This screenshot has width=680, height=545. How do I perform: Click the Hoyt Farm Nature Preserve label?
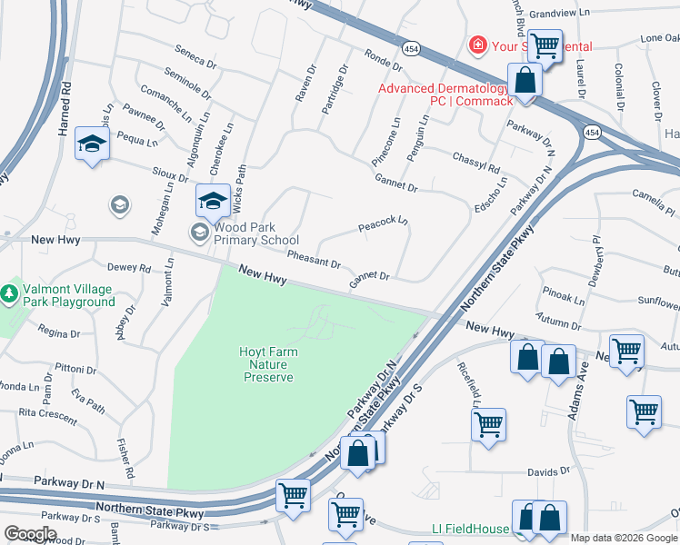coord(268,363)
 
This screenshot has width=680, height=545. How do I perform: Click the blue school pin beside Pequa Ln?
coord(92,144)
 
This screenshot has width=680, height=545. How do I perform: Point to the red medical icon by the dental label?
coord(476,45)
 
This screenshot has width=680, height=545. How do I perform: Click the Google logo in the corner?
coord(30,534)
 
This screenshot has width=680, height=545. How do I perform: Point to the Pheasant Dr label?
coord(314,259)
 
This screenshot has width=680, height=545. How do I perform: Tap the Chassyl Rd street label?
coord(475,163)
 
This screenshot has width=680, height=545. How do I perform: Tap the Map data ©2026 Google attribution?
coord(624,538)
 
